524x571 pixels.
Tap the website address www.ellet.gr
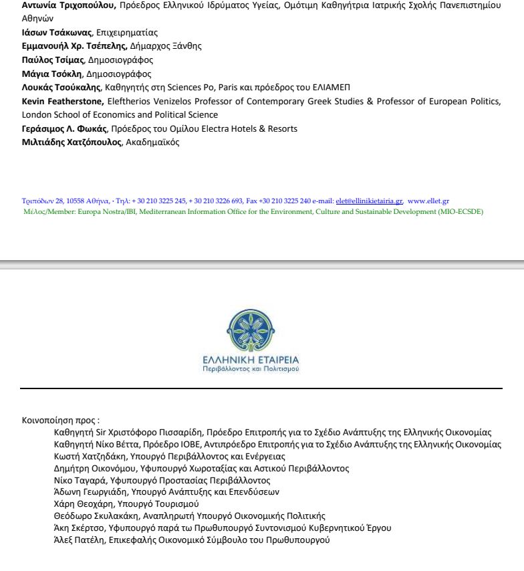pyautogui.click(x=428, y=201)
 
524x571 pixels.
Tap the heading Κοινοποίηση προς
pyautogui.click(x=60, y=421)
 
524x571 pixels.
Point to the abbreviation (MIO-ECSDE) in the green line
pyautogui.click(x=459, y=211)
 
